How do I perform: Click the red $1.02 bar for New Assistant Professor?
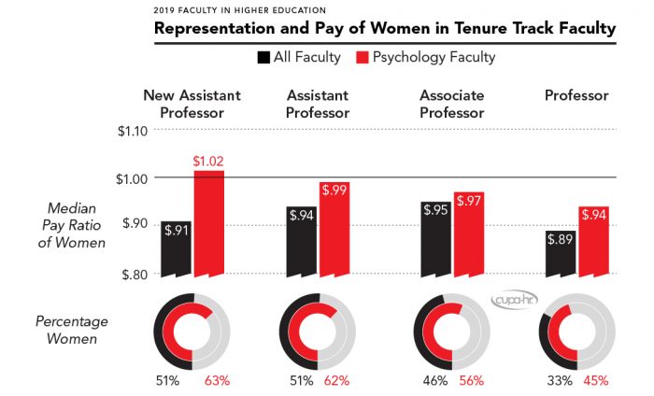(x=208, y=224)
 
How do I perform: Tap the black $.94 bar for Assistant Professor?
(x=301, y=241)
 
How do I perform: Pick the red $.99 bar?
(x=334, y=229)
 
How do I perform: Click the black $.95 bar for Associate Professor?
(x=434, y=239)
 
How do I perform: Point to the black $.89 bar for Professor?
(x=561, y=253)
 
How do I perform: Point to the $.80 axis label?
(x=133, y=274)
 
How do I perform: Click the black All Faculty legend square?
(x=263, y=58)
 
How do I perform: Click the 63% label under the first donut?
(x=217, y=381)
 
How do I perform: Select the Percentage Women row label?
(x=73, y=329)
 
